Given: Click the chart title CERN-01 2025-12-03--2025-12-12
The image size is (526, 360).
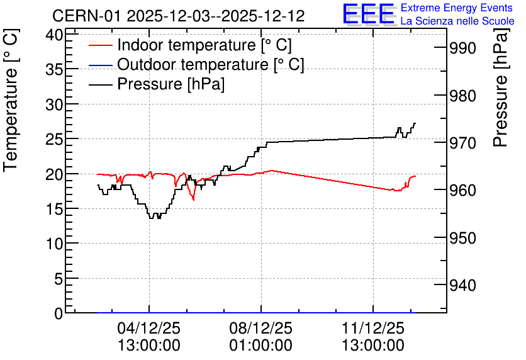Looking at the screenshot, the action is pos(178,16).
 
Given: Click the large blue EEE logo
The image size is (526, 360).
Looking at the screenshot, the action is pos(368,14).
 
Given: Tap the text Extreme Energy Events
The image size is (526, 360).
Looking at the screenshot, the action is pos(457,8).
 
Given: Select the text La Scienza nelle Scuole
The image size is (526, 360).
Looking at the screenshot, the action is pos(457,21).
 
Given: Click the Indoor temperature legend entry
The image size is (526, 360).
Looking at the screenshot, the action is pos(190,45).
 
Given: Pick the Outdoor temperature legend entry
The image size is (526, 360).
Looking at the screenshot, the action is pos(196,64).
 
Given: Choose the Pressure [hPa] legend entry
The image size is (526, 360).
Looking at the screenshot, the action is pos(157,84).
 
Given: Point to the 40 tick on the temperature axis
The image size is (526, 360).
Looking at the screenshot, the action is pos(54,35).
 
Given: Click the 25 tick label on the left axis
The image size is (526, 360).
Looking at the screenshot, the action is pos(54,139).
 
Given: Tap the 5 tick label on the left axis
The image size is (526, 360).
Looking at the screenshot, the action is pos(59,278).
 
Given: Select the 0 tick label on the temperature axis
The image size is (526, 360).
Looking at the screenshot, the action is pos(59,313).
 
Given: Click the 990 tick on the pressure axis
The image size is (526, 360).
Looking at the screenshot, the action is pos(462,48).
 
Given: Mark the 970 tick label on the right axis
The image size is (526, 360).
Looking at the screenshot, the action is pos(462,143).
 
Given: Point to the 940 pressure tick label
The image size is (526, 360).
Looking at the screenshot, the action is pos(462,286).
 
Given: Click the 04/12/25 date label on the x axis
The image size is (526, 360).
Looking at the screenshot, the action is pos(149,328).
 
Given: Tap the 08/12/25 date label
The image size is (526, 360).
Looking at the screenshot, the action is pos(260,328).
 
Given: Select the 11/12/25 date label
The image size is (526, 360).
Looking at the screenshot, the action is pos(373,328).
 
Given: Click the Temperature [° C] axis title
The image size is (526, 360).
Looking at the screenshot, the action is pos(11,100).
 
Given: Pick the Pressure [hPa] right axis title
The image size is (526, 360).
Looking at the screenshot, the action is pos(500,87).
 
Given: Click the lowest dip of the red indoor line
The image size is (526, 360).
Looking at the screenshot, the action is pos(194,200).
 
